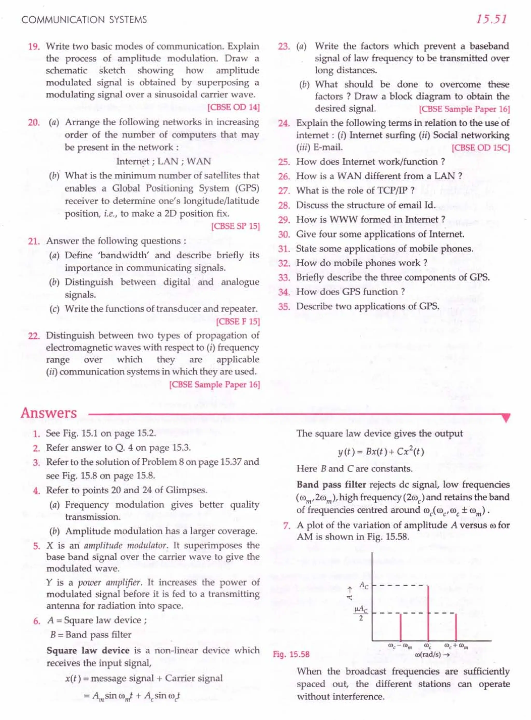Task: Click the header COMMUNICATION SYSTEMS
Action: tap(84, 20)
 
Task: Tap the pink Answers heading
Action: tap(49, 413)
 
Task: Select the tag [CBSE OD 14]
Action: tap(234, 107)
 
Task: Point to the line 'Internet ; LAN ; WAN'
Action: tap(164, 161)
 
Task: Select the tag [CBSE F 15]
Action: tap(238, 321)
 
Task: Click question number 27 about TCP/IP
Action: tap(284, 191)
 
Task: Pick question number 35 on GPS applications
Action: tap(284, 307)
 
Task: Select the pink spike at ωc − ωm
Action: tap(401, 627)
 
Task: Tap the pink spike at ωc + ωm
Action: tap(456, 627)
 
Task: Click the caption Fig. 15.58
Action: tap(291, 654)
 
